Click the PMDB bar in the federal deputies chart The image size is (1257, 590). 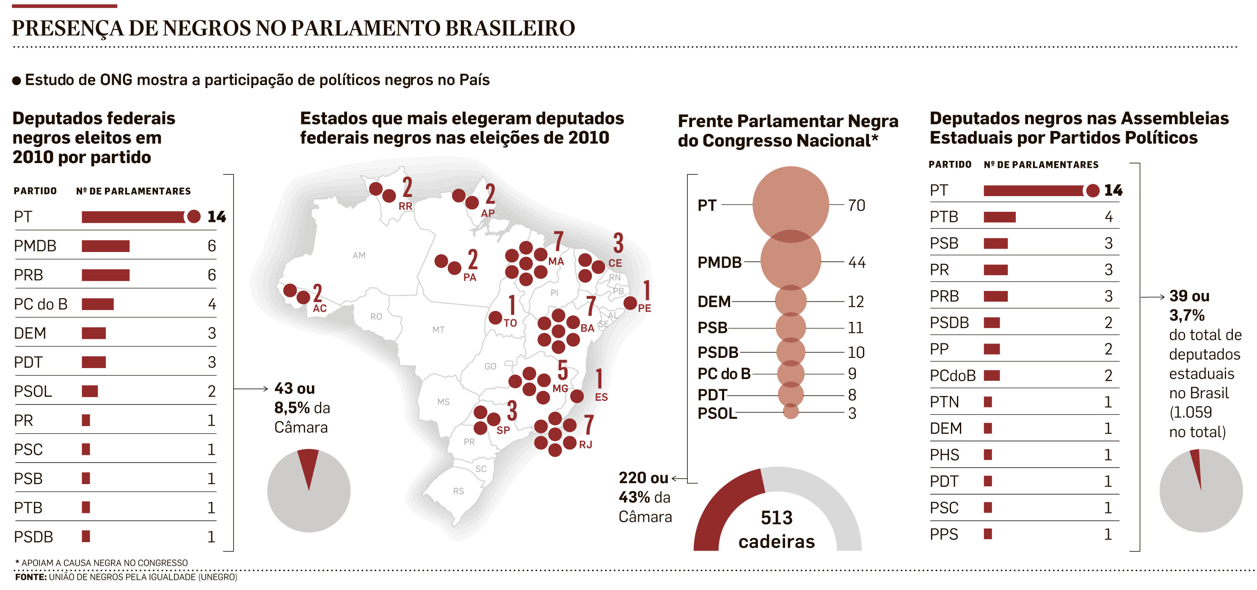click(105, 246)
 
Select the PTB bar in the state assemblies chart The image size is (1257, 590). click(999, 217)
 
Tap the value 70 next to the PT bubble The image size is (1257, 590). click(856, 205)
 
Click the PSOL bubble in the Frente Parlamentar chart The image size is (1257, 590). click(791, 412)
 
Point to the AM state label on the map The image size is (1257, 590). click(359, 255)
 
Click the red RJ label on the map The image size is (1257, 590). click(586, 444)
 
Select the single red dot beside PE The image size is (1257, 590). click(630, 303)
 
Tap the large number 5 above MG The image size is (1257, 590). click(562, 370)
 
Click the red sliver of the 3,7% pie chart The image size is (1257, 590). click(1196, 466)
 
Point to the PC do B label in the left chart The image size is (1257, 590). click(41, 304)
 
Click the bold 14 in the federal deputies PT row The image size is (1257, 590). click(217, 216)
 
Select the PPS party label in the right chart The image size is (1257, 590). click(944, 535)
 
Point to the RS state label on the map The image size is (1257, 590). click(459, 491)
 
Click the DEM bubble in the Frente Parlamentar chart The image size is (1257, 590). click(791, 301)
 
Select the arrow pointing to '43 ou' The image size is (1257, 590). click(251, 389)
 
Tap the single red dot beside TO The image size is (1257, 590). click(495, 318)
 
